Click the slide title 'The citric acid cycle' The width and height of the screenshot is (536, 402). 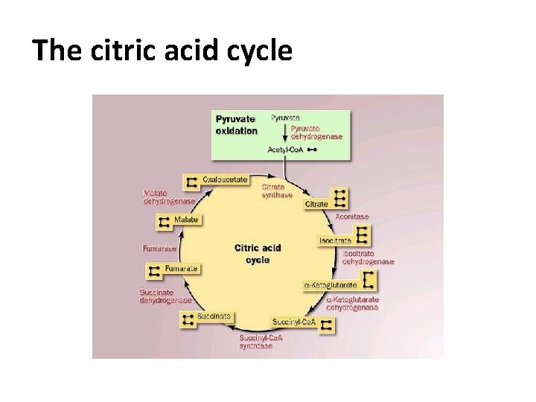[163, 51]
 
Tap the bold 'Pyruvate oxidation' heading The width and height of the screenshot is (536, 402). [237, 124]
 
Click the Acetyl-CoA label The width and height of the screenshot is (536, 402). [286, 150]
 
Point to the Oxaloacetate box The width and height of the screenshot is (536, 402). [224, 180]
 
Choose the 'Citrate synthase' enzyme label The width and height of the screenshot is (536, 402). [277, 191]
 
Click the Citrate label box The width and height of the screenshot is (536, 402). [317, 203]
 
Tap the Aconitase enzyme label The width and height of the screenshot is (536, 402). [351, 217]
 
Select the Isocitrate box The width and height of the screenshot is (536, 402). [335, 241]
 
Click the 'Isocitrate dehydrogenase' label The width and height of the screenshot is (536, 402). [368, 258]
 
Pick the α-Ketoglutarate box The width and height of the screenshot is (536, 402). [330, 285]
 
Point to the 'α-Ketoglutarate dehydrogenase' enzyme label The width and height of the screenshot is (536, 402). [353, 303]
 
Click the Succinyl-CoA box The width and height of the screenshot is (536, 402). [293, 322]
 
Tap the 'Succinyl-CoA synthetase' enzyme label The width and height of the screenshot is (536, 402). [261, 342]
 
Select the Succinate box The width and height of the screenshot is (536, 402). [214, 316]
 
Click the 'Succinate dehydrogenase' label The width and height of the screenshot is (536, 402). [165, 296]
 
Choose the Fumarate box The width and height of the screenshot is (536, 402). [181, 268]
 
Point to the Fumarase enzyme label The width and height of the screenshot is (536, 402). [159, 248]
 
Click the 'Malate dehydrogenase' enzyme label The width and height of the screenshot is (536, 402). [169, 197]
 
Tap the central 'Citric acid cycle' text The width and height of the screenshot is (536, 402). [258, 254]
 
